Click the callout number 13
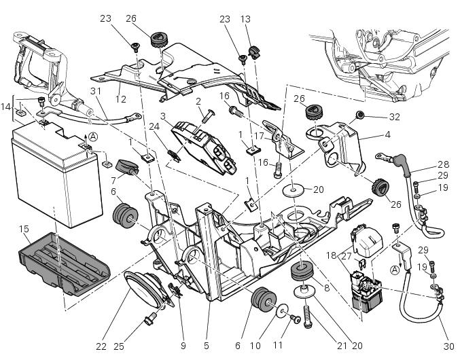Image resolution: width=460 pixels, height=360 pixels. point(246,19)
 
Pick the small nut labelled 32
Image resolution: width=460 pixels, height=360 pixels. point(361,115)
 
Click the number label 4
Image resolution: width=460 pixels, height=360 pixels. point(387,134)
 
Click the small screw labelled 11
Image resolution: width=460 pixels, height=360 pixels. point(295,318)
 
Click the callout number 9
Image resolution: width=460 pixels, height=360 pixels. point(183,346)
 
